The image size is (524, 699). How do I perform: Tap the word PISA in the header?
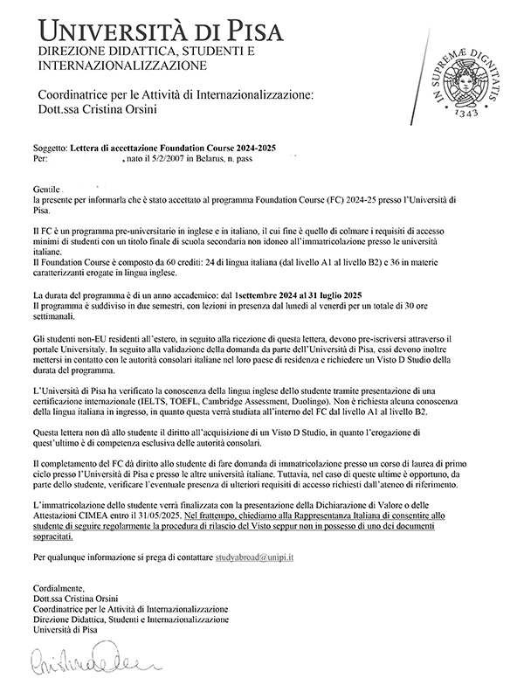coord(247,31)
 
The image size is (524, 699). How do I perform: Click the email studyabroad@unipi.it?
coord(254,556)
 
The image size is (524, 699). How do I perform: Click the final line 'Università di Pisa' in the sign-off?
coord(67,629)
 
